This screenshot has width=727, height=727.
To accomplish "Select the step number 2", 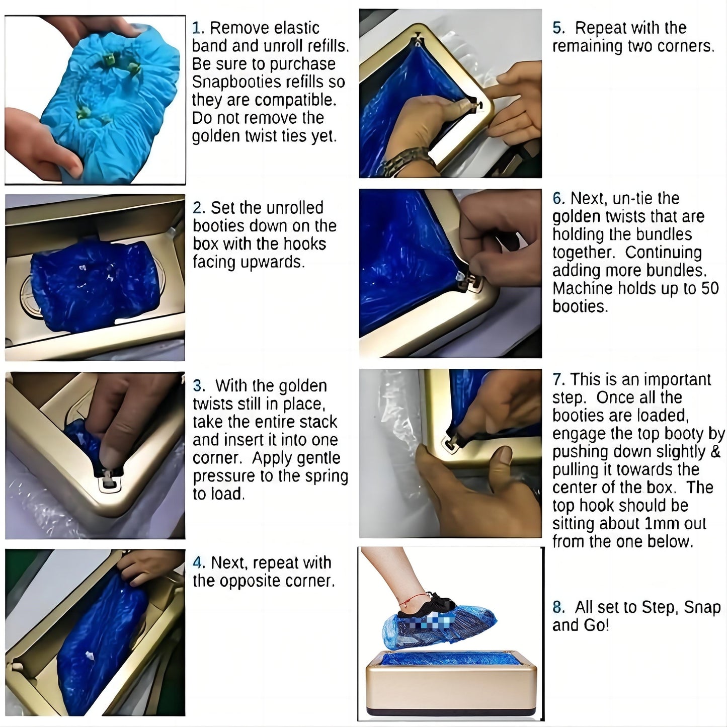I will [198, 208].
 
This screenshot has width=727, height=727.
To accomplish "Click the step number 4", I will [198, 562].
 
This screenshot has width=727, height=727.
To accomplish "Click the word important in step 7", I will [677, 379].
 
